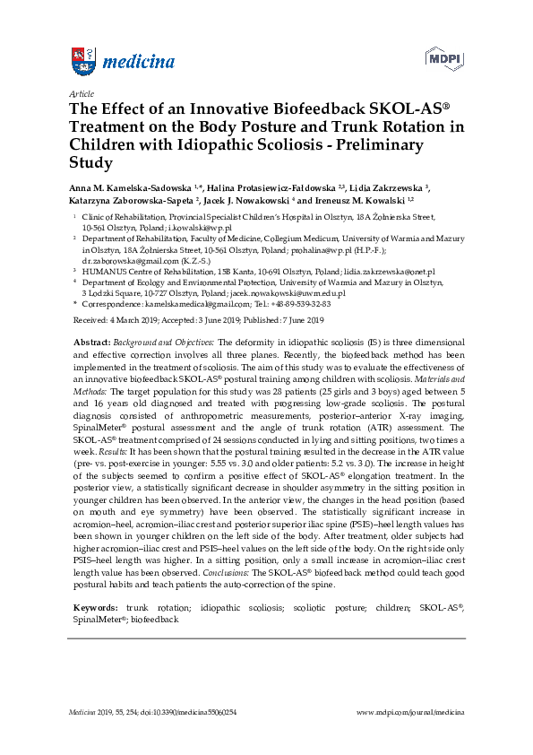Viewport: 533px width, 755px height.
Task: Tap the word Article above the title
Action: tap(79, 93)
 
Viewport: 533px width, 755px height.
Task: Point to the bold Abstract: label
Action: tap(93, 343)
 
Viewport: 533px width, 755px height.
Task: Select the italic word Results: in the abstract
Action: tap(116, 429)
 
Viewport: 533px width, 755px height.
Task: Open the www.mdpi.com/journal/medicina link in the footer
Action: tap(410, 712)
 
